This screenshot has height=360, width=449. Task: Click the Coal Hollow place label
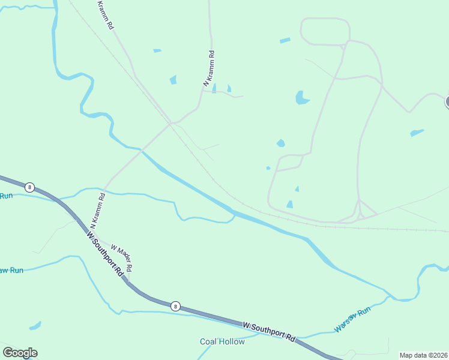222,341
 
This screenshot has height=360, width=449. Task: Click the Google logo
20,353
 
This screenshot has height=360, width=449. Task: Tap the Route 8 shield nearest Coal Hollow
175,306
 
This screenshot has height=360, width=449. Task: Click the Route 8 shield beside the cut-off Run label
29,187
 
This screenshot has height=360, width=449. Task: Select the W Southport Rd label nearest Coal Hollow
270,330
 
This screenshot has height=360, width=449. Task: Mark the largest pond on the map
302,98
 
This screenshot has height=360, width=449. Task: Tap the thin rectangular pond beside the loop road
285,41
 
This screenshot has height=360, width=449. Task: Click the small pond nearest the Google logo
35,326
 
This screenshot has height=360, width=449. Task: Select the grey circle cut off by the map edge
447,101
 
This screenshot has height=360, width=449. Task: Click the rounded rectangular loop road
325,31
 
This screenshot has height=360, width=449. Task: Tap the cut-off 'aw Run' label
11,270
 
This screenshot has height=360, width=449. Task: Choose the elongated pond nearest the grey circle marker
417,132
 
